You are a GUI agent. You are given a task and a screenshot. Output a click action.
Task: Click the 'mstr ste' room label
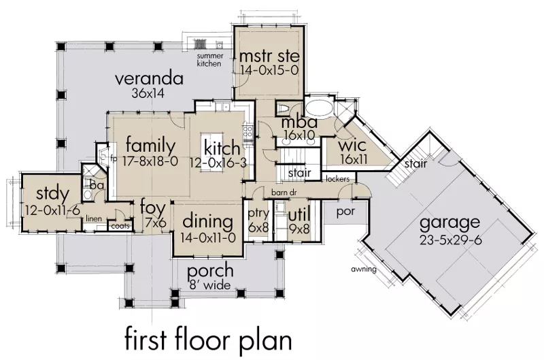269,56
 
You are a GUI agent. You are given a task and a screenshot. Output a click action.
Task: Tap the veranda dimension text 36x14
148,93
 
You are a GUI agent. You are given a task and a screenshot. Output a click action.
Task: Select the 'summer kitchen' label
210,60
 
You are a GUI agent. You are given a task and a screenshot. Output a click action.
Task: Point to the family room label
150,146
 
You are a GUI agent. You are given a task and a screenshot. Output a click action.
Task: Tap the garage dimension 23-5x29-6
450,240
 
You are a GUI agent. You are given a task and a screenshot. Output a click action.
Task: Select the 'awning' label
364,269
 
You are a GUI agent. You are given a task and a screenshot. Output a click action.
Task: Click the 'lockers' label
337,179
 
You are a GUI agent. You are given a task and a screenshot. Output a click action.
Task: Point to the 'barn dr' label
283,193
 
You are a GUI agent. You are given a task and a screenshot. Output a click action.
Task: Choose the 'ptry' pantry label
258,214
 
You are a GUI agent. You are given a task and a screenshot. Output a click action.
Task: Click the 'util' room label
299,215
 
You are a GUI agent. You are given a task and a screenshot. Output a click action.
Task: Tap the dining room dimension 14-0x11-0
208,238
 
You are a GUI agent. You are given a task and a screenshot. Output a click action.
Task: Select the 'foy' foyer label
152,209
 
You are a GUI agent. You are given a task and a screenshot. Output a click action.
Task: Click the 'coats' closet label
120,226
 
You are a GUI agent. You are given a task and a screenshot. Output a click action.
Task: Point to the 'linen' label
94,218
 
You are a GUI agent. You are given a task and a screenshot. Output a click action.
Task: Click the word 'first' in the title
146,341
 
